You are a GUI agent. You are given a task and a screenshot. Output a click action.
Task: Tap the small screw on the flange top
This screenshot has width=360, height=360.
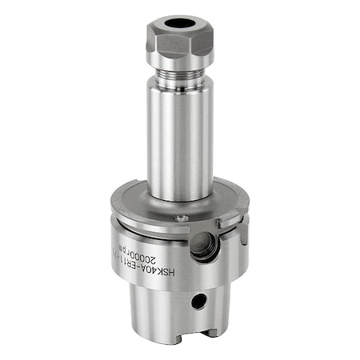182,218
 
